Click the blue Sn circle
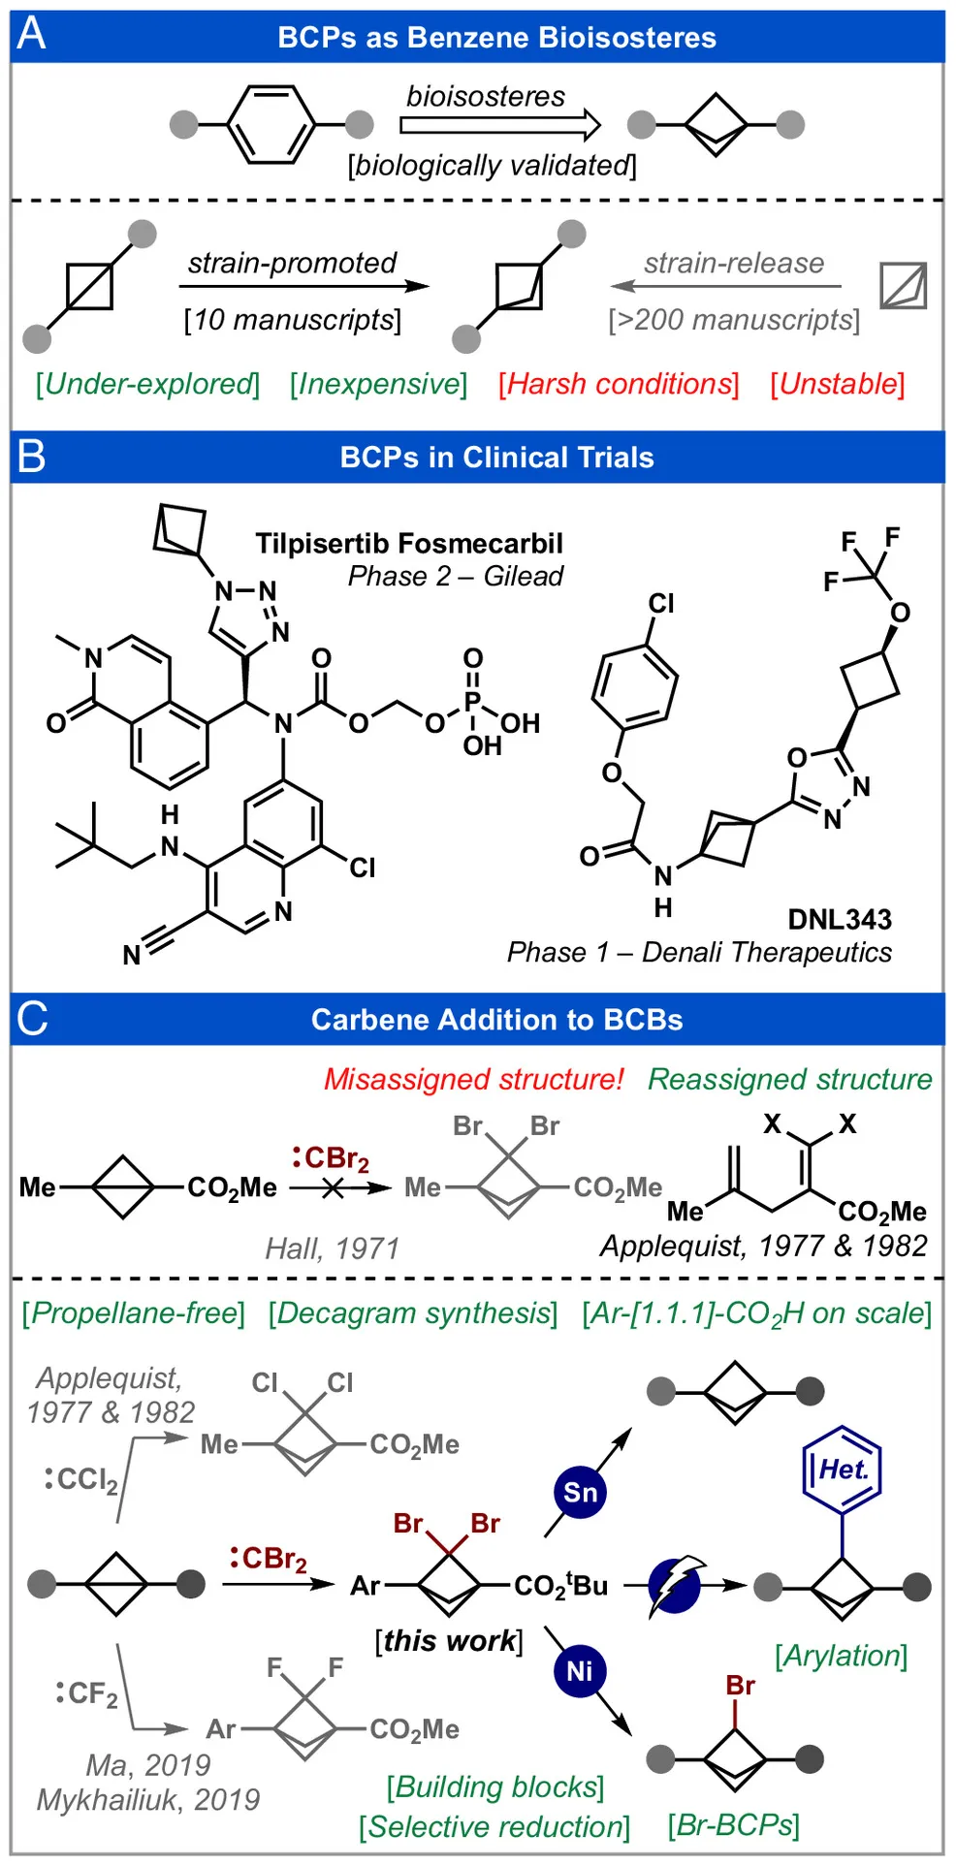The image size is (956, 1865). tap(580, 1492)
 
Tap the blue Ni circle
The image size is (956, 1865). tap(579, 1671)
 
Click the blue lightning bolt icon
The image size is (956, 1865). tap(676, 1586)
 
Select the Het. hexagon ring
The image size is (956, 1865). tap(842, 1470)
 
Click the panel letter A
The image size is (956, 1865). tap(31, 35)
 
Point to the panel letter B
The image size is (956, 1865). tap(31, 456)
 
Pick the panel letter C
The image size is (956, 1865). tap(32, 1019)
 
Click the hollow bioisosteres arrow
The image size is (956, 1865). tap(500, 125)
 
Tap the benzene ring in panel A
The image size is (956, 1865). tap(271, 124)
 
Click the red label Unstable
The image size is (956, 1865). tap(838, 384)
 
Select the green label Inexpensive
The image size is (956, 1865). tap(378, 384)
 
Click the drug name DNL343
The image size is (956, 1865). tap(839, 919)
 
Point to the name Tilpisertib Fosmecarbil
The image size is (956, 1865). tap(408, 543)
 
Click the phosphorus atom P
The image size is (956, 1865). tap(472, 700)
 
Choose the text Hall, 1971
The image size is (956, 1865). tap(333, 1248)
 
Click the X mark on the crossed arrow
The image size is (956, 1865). tap(333, 1187)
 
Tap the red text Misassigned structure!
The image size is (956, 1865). tap(473, 1079)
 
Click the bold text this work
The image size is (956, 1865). tap(449, 1640)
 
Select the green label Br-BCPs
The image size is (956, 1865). tap(733, 1825)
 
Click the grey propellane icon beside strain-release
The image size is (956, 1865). tap(903, 286)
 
